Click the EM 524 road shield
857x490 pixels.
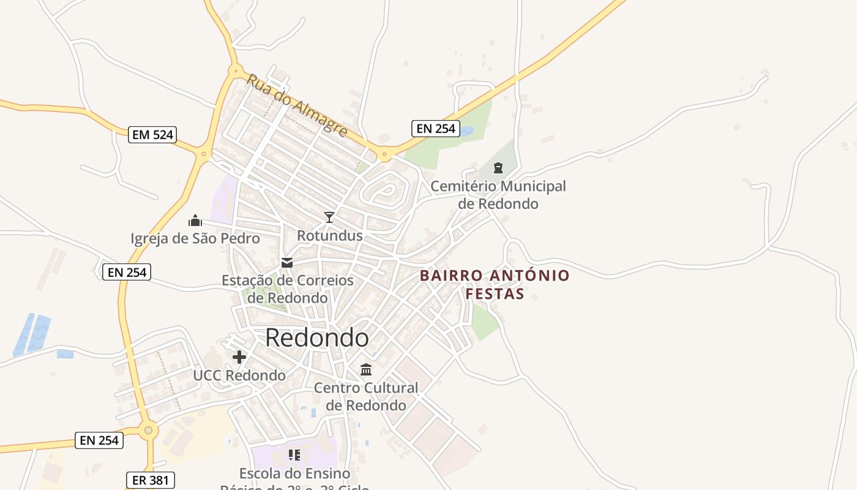click(x=152, y=135)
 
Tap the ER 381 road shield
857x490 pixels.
click(x=150, y=480)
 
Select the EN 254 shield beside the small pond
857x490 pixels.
click(x=435, y=128)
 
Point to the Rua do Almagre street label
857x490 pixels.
click(x=298, y=105)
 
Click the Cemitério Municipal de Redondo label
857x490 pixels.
click(x=498, y=194)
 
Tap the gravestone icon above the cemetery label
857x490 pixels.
click(x=498, y=167)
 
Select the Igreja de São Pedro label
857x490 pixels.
click(x=195, y=238)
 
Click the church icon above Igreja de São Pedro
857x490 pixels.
click(x=195, y=221)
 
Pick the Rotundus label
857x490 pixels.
click(x=330, y=236)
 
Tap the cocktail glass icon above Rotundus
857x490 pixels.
click(x=329, y=217)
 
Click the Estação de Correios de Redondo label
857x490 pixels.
click(x=288, y=289)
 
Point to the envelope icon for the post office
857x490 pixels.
click(x=287, y=263)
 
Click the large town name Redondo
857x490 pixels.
click(x=317, y=337)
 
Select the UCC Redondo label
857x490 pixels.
click(x=239, y=375)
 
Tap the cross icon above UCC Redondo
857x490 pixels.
click(x=239, y=357)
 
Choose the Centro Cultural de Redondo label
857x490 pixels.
click(x=366, y=396)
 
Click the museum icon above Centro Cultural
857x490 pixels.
click(x=366, y=369)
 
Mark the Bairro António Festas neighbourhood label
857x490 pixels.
click(x=495, y=284)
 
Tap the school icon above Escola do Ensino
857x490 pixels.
click(x=294, y=455)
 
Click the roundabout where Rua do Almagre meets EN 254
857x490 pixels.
click(x=384, y=154)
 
